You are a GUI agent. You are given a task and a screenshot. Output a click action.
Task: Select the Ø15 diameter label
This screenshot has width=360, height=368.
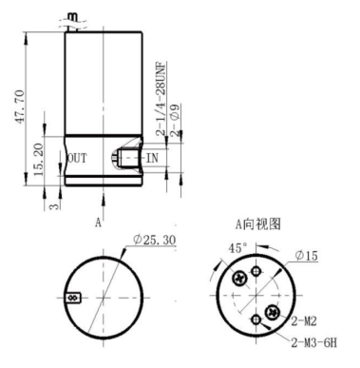306,256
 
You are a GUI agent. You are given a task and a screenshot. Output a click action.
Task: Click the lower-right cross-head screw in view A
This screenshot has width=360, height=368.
274,311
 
